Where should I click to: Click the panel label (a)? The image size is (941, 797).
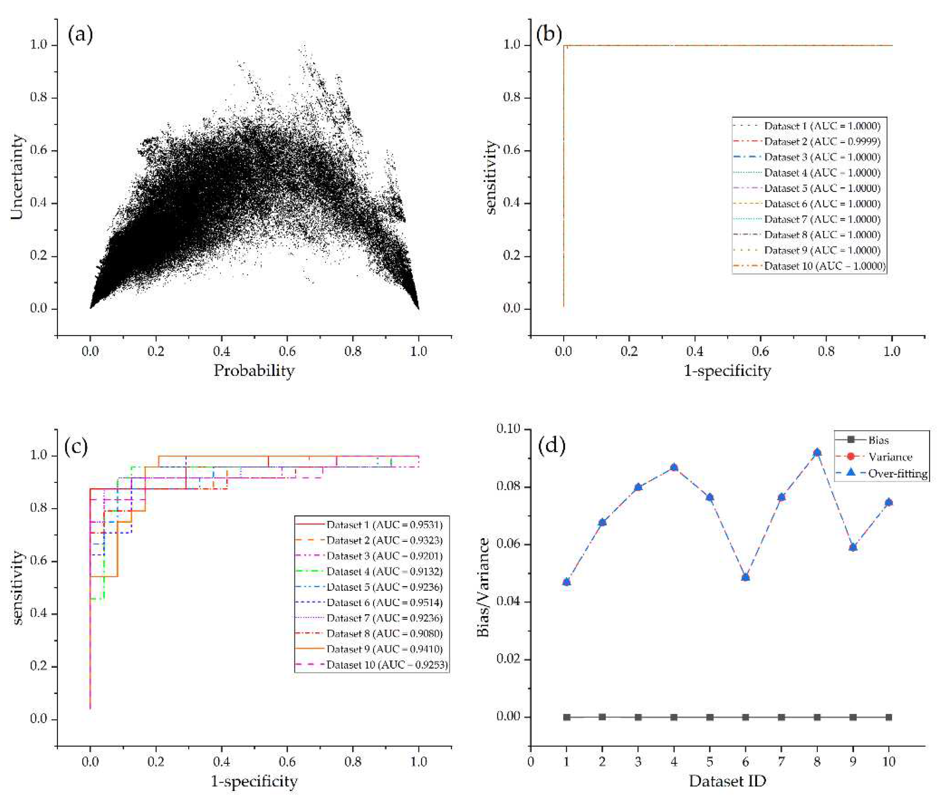tap(80, 35)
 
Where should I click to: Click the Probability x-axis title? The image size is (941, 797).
tap(254, 371)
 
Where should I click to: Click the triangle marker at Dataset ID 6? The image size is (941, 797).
tap(745, 577)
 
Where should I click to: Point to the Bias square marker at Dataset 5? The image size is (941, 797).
tap(710, 717)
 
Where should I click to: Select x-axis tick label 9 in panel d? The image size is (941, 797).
tap(853, 762)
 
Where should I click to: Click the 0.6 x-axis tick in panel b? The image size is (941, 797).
tap(760, 352)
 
